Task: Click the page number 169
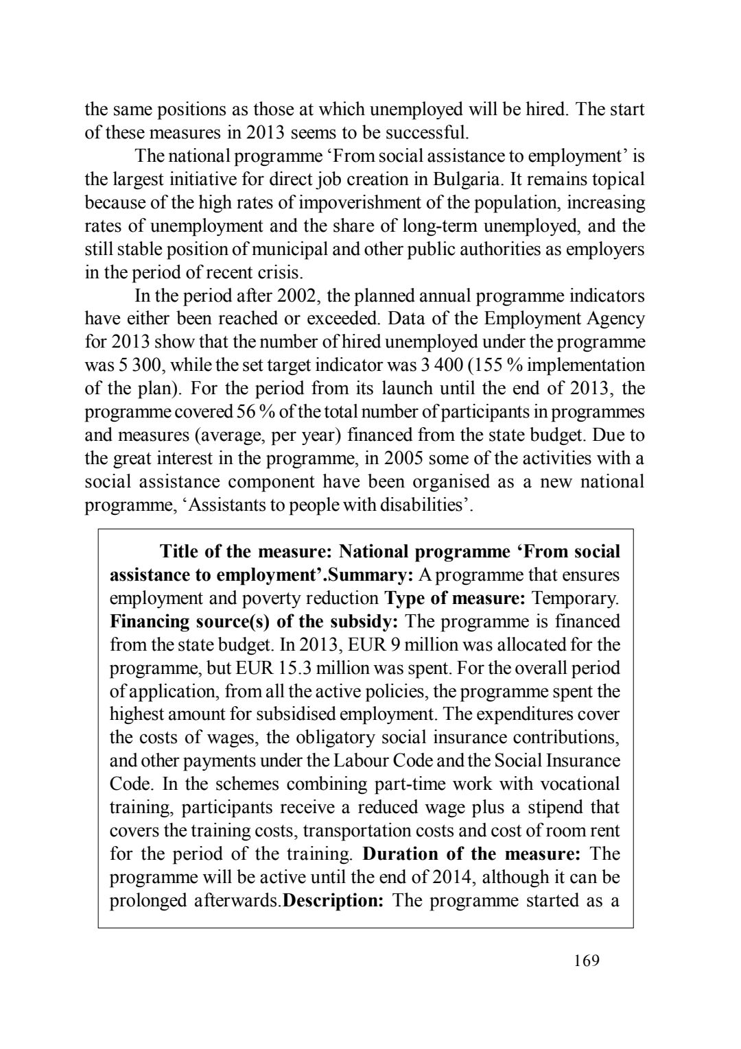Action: click(586, 961)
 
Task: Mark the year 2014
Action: click(451, 878)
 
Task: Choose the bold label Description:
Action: click(333, 901)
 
